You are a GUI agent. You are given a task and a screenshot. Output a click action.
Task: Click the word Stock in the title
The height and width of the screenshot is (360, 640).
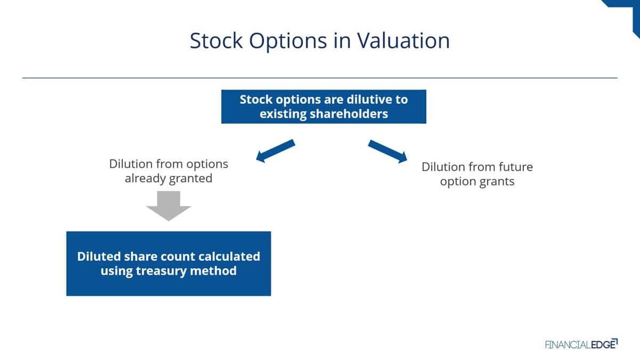(217, 41)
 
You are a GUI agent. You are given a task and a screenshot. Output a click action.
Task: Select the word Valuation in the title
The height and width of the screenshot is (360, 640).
(403, 41)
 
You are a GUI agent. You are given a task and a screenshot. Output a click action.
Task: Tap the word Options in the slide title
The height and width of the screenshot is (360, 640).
(288, 42)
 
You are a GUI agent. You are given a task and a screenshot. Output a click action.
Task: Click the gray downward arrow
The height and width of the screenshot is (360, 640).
(169, 206)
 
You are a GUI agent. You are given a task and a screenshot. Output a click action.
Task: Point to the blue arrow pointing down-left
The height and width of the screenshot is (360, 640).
(275, 151)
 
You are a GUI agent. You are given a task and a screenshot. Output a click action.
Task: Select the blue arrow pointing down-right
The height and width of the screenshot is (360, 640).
(388, 151)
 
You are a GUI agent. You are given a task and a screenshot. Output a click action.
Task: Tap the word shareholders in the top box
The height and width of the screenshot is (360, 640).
(349, 114)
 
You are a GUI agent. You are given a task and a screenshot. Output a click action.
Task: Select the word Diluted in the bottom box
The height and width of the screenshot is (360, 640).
(99, 257)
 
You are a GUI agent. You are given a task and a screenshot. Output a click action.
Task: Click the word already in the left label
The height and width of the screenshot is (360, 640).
(145, 179)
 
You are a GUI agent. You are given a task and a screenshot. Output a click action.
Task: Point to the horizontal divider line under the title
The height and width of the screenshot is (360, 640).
(320, 78)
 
